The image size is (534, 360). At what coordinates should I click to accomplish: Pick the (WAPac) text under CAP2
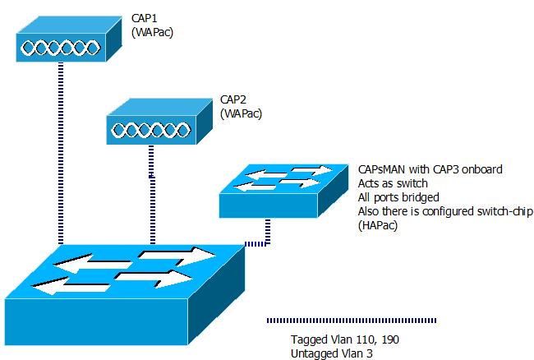(x=242, y=114)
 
